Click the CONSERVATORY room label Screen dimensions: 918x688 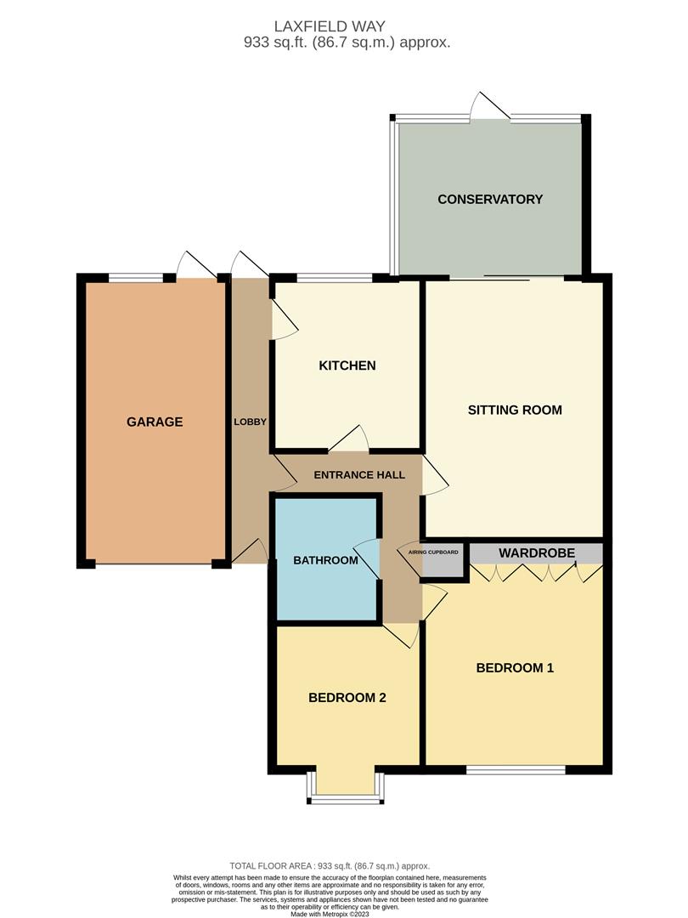[489, 200]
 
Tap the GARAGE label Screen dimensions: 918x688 [155, 422]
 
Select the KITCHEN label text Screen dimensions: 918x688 [347, 365]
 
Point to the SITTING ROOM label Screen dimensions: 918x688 [515, 410]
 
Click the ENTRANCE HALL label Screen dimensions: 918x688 [359, 475]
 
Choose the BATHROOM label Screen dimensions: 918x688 [325, 560]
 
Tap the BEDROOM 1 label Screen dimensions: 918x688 [515, 668]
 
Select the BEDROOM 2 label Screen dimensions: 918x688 [347, 698]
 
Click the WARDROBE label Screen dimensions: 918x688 [537, 553]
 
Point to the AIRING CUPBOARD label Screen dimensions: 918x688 [433, 552]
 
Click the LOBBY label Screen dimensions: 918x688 [251, 422]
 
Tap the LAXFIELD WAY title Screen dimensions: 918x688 [344, 26]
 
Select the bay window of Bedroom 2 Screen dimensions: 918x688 [345, 797]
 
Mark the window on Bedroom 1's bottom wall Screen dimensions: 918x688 [516, 770]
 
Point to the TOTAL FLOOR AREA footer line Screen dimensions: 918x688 [344, 864]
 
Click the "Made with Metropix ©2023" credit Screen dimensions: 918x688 [344, 913]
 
